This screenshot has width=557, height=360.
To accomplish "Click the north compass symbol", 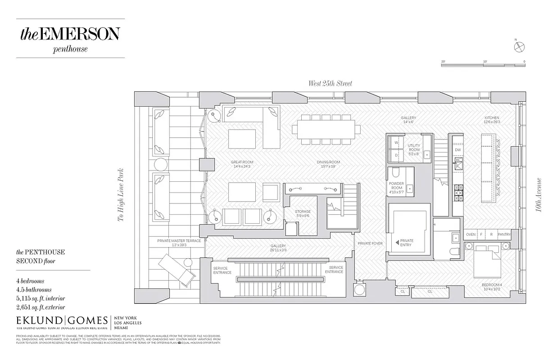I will coord(518,45).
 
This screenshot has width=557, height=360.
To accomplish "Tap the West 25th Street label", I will coord(330,83).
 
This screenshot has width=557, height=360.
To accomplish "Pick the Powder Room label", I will coord(397,186).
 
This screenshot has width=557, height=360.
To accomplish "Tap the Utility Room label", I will coord(414,150).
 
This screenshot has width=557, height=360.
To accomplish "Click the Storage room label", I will coord(303,213).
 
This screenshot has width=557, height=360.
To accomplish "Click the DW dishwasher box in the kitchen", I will coord(457,150).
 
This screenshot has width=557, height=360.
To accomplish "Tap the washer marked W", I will coord(396,143).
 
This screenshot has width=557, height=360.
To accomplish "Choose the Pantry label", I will coord(505,234).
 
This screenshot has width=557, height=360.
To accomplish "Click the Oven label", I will coord(471,234).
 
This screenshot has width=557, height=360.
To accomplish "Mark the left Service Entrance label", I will coord(222,270).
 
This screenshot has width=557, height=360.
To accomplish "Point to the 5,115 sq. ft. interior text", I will coord(41,298).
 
